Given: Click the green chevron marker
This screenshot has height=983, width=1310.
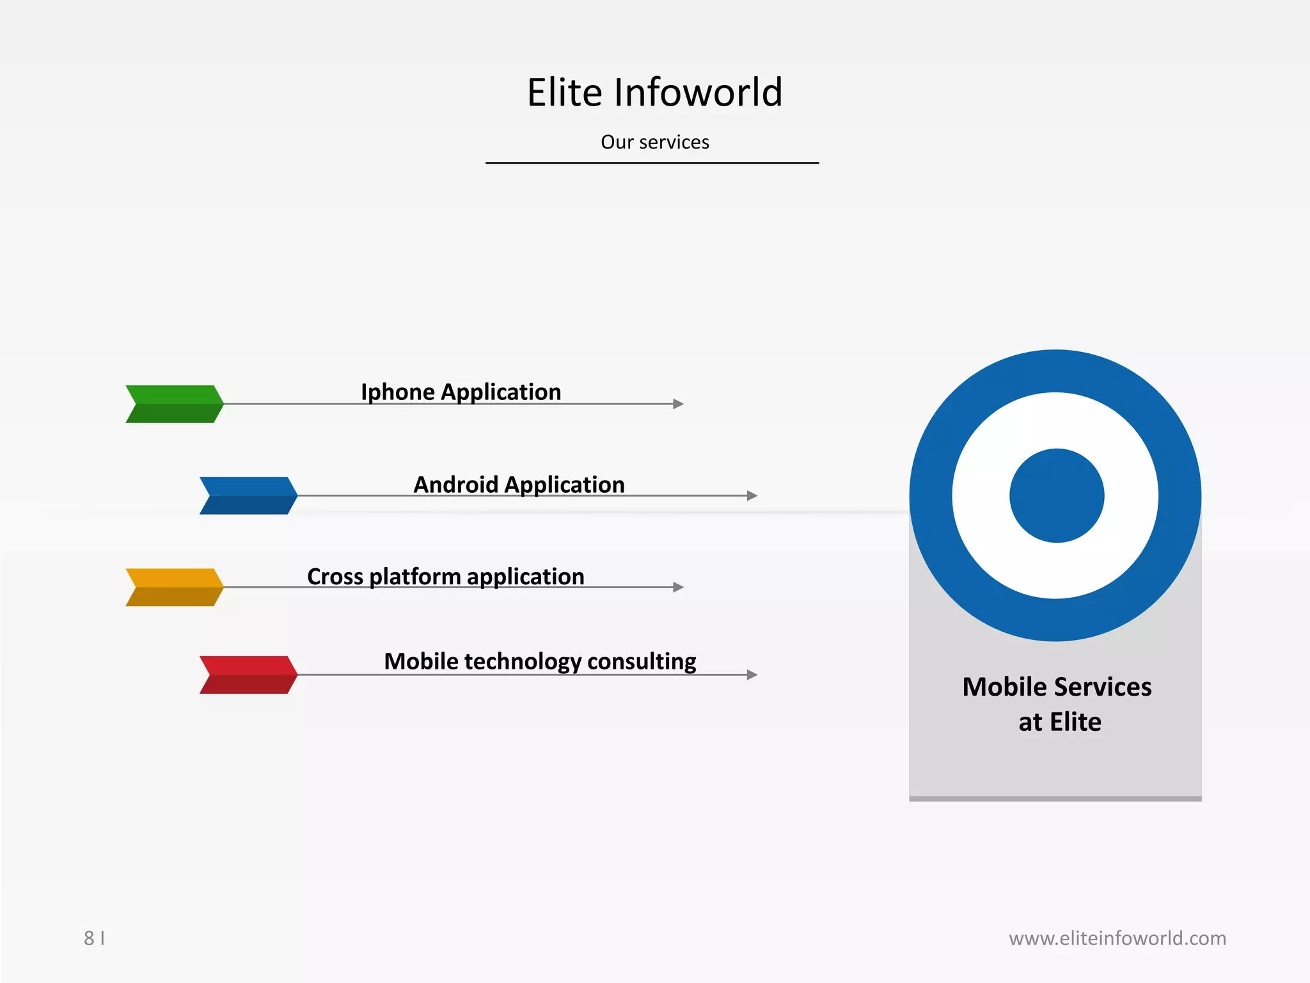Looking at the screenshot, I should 175,404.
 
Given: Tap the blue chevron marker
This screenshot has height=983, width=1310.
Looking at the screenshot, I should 248,495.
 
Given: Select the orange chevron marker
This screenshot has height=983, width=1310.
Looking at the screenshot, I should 175,587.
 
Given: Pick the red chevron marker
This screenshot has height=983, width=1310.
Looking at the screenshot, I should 248,675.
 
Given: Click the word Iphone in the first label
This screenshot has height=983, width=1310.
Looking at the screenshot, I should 397,392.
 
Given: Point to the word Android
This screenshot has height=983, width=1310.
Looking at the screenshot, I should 455,484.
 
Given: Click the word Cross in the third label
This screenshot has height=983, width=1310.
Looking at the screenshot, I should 335,577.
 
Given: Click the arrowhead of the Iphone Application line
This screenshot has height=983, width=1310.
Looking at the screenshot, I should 679,404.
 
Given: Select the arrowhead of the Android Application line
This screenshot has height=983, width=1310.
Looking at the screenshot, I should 752,495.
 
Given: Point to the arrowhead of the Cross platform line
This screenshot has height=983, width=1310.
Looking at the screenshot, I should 679,587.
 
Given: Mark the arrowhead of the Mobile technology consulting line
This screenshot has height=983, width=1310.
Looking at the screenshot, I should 752,675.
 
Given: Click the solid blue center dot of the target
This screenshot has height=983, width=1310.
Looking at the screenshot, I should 1057,495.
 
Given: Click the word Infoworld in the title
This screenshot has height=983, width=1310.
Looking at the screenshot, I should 698,92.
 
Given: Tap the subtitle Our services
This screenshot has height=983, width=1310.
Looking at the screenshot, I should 654,142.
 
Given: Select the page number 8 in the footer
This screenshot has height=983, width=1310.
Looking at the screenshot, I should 89,938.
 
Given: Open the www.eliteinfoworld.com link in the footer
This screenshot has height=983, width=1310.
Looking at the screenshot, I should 1117,938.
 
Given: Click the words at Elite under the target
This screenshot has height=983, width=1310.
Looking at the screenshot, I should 1059,722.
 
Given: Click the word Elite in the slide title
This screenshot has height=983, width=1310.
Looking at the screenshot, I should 564,92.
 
